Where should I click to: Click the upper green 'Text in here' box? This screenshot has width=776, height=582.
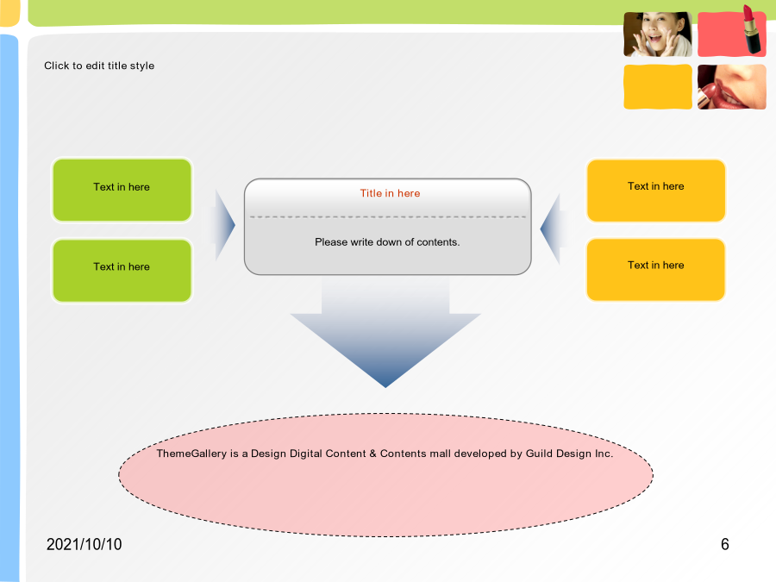(122, 190)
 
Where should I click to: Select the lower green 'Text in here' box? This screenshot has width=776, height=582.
(122, 271)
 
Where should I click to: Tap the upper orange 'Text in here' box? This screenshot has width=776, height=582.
(656, 191)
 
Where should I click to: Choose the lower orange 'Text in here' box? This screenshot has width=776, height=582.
(656, 270)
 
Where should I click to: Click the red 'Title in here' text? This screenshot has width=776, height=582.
(390, 193)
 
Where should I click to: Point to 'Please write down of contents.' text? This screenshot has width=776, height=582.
(387, 242)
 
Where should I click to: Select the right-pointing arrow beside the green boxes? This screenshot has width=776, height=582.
(223, 225)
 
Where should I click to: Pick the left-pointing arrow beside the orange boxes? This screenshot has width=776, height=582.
(553, 228)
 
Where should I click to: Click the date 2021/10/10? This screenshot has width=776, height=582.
(84, 544)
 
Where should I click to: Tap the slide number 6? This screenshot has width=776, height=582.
(725, 544)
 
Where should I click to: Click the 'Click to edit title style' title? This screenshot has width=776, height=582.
(99, 66)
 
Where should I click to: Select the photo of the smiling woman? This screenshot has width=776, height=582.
(658, 34)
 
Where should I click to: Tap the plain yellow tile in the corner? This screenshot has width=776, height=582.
(658, 86)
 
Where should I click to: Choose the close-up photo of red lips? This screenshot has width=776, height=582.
(731, 86)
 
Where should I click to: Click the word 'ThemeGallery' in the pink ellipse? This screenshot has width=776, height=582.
(191, 454)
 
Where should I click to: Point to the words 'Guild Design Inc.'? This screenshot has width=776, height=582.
(569, 454)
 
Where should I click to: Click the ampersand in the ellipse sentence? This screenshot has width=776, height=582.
(372, 454)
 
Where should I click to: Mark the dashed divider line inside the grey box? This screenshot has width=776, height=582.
(387, 216)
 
